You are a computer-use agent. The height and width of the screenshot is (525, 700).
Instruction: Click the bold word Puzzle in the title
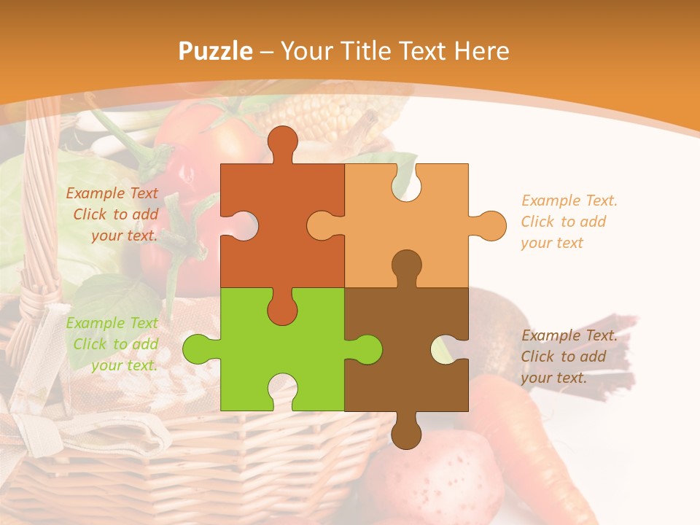tap(215, 51)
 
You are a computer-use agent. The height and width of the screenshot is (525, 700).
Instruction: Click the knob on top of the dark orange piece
tap(282, 141)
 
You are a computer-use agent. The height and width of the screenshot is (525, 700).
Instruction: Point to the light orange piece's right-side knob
tap(489, 226)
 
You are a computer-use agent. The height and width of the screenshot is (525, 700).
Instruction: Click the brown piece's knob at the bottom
tap(406, 432)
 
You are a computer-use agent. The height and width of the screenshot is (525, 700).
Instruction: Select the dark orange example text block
tap(113, 214)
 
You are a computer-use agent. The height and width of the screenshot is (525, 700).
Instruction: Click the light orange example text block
tap(569, 222)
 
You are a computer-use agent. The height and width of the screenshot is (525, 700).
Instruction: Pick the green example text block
tap(113, 344)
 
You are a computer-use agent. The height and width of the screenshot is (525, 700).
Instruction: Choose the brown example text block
tap(569, 357)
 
